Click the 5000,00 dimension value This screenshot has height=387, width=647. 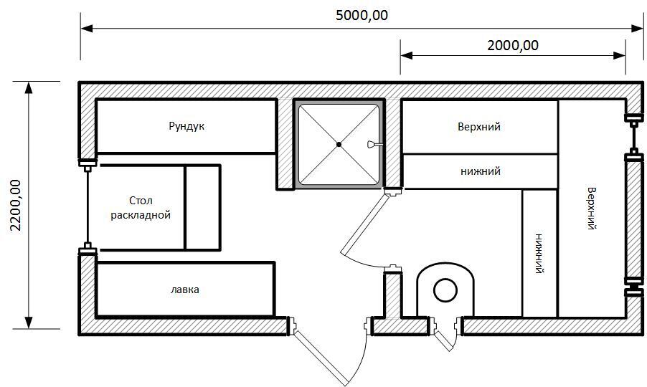pos(362,16)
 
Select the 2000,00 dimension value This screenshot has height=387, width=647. pos(513,45)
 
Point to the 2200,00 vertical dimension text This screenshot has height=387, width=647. pos(16,205)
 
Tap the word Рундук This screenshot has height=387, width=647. pos(186,126)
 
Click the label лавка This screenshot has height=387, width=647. pos(185,290)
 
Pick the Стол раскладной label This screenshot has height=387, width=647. pos(141,208)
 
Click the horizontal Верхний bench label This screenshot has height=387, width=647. pos(479,127)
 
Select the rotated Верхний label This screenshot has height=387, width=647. pos(592,208)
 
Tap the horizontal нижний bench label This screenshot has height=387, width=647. pos(481,171)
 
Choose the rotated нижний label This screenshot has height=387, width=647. pos(539,254)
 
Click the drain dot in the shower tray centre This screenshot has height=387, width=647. pos(339,144)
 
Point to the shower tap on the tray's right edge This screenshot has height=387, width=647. pos(372,144)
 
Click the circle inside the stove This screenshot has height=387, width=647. pos(445,290)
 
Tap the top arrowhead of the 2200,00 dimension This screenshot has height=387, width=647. pos(29,87)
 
